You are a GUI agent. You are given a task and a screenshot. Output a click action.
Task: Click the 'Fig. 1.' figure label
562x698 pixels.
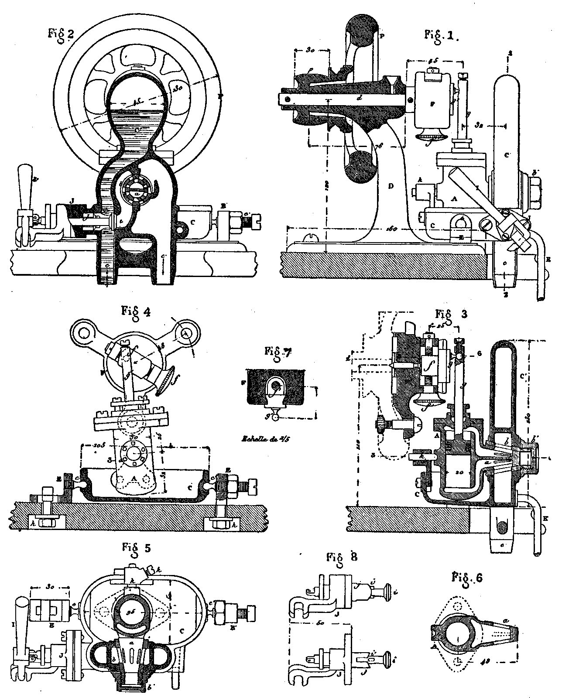(x=442, y=36)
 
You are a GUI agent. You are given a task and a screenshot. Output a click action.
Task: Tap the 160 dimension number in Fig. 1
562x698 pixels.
(x=393, y=228)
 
